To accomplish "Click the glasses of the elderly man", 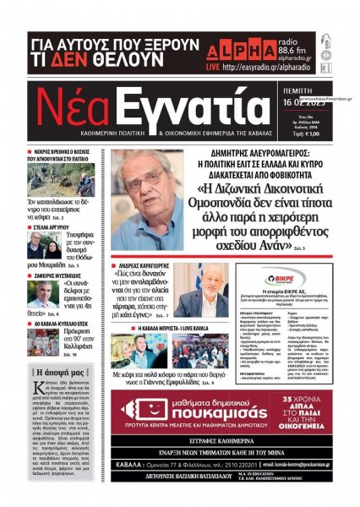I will (149, 180).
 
